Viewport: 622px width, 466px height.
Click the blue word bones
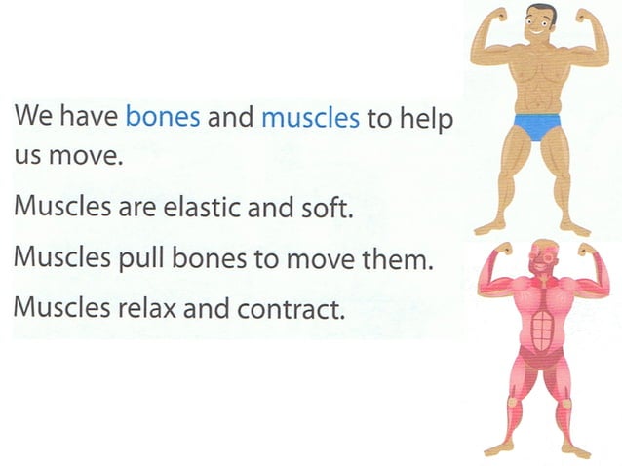[x=164, y=118]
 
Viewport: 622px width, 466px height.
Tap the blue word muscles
[x=311, y=118]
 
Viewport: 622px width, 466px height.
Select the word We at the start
[x=34, y=118]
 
